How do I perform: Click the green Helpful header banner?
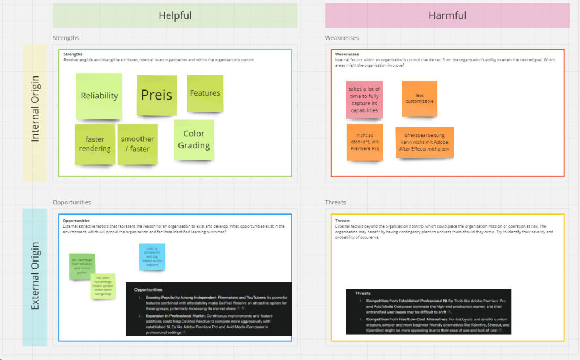[x=174, y=15]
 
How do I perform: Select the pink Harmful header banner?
[x=447, y=15]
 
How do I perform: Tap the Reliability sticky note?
[x=99, y=96]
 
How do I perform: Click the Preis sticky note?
[x=156, y=95]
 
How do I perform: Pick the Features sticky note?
[x=204, y=93]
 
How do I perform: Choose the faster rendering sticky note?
[x=95, y=144]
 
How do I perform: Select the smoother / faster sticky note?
[x=137, y=144]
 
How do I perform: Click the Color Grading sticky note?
[x=194, y=139]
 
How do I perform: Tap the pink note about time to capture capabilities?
[x=364, y=100]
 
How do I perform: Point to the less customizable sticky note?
[x=419, y=98]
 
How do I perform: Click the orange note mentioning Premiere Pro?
[x=364, y=142]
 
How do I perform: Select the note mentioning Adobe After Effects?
[x=424, y=142]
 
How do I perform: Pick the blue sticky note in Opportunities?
[x=152, y=256]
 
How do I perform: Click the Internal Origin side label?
[x=35, y=113]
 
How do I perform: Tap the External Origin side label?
[x=35, y=276]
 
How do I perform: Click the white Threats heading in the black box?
[x=363, y=293]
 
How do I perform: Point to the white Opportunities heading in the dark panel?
[x=148, y=289]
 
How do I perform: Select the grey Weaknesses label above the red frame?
[x=342, y=38]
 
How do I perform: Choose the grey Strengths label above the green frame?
[x=66, y=38]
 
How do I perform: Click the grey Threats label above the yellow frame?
[x=335, y=202]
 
